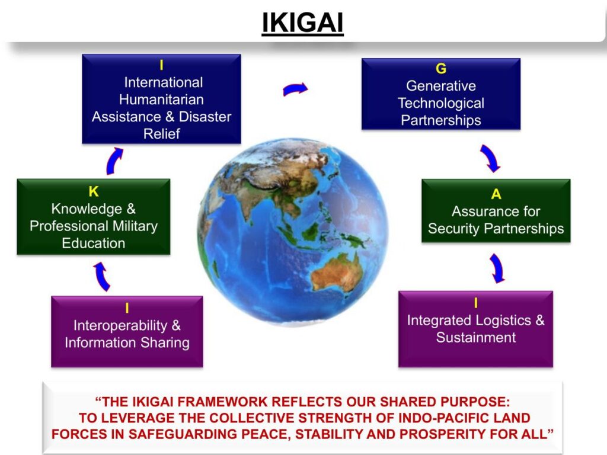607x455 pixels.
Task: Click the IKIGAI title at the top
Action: point(303,23)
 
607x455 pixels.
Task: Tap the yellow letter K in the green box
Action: point(94,191)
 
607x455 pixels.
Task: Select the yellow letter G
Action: point(441,69)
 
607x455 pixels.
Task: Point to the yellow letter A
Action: point(496,194)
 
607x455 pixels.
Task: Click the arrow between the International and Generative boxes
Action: point(295,89)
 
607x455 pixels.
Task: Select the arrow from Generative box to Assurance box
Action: point(490,158)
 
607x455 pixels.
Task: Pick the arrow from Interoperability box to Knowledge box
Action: point(101,276)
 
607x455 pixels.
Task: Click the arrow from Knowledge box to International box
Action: point(114,161)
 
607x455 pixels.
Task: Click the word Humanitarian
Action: point(161,100)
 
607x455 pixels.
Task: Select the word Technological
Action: point(441,103)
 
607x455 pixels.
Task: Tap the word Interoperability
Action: point(120,325)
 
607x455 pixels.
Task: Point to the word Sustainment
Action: point(476,337)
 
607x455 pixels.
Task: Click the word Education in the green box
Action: point(94,243)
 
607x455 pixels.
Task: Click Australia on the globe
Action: point(336,271)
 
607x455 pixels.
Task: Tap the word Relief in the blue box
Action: point(161,133)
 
